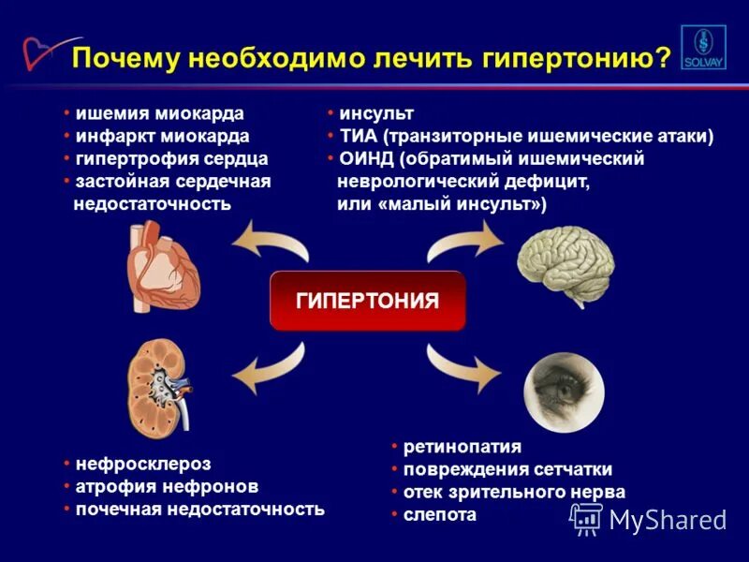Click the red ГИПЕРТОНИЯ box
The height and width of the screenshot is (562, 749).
tap(367, 301)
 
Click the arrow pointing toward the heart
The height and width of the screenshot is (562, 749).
tap(271, 242)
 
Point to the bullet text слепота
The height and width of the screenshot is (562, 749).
tap(439, 514)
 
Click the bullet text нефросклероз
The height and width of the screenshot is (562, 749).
tap(143, 464)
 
